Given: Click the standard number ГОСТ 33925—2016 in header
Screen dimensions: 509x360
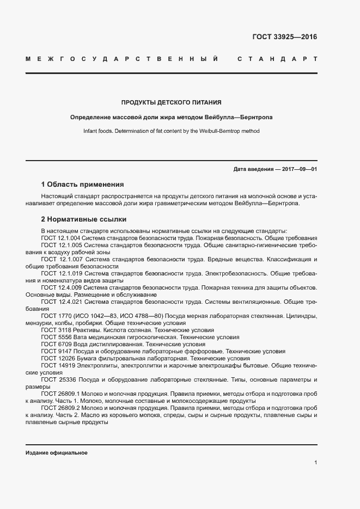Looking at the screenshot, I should [x=284, y=37].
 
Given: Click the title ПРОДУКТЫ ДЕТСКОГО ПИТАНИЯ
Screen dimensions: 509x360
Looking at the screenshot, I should [x=171, y=102].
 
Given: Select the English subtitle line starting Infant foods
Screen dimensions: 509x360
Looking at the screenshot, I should [x=171, y=131].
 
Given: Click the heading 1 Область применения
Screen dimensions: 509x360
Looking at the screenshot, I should [x=82, y=185].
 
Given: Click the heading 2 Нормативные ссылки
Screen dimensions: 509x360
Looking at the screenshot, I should [x=84, y=219].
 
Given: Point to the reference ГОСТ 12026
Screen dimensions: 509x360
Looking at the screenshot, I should [x=56, y=358].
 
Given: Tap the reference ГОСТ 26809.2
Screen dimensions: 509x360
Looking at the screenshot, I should [x=61, y=408].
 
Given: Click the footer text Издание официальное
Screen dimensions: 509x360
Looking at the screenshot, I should [x=56, y=453].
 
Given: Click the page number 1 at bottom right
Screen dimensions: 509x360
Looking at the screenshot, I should [x=315, y=463].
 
